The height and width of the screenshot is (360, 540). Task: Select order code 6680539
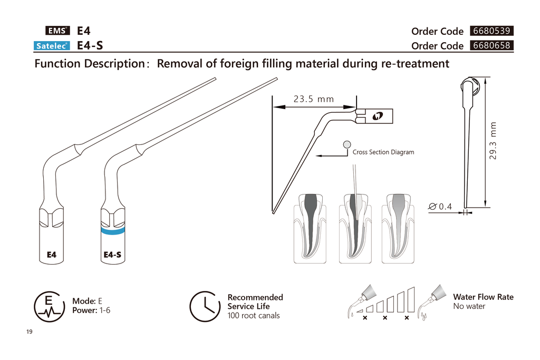tap(491, 31)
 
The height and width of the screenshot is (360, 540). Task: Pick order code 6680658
tap(491, 45)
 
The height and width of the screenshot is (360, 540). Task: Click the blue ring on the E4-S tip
tap(113, 231)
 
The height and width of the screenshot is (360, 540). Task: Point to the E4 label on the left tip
tap(51, 255)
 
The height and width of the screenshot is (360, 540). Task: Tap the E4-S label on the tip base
tap(112, 255)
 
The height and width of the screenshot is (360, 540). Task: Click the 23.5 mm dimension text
tap(314, 99)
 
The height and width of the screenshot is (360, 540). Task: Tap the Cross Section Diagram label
tap(383, 152)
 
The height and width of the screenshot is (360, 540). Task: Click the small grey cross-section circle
tap(346, 144)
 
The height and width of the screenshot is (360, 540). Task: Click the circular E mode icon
tap(49, 306)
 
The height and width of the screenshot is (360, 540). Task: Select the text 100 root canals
tap(254, 316)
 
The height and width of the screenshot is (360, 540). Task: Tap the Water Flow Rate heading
tap(483, 297)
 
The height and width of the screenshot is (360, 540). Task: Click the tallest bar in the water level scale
tap(411, 299)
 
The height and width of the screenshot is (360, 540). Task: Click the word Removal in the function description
tap(179, 64)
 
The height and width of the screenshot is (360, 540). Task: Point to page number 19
tap(29, 332)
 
